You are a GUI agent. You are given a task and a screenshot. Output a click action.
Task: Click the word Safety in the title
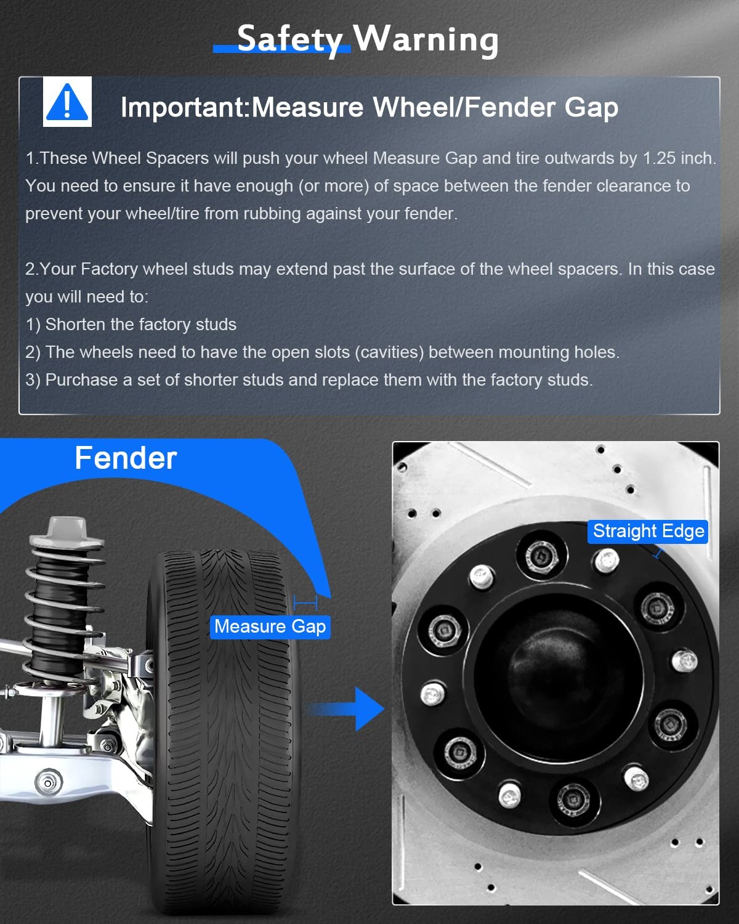click(289, 39)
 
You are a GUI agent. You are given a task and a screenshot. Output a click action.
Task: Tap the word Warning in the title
click(425, 39)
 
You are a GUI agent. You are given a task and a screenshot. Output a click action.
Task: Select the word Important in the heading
click(182, 107)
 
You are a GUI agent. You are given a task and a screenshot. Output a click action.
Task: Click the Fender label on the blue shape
click(126, 458)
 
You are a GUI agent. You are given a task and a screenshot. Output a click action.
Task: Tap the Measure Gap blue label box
click(270, 626)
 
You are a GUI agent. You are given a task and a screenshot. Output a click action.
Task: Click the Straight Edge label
click(648, 531)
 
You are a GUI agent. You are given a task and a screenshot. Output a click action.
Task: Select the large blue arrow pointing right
click(346, 709)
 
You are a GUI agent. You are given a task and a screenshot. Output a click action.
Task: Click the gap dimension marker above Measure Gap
click(305, 603)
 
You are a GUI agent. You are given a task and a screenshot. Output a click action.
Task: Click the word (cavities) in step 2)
click(389, 352)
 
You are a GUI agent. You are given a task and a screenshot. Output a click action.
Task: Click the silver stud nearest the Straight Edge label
click(607, 561)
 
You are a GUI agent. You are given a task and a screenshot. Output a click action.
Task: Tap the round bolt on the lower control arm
click(48, 783)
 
